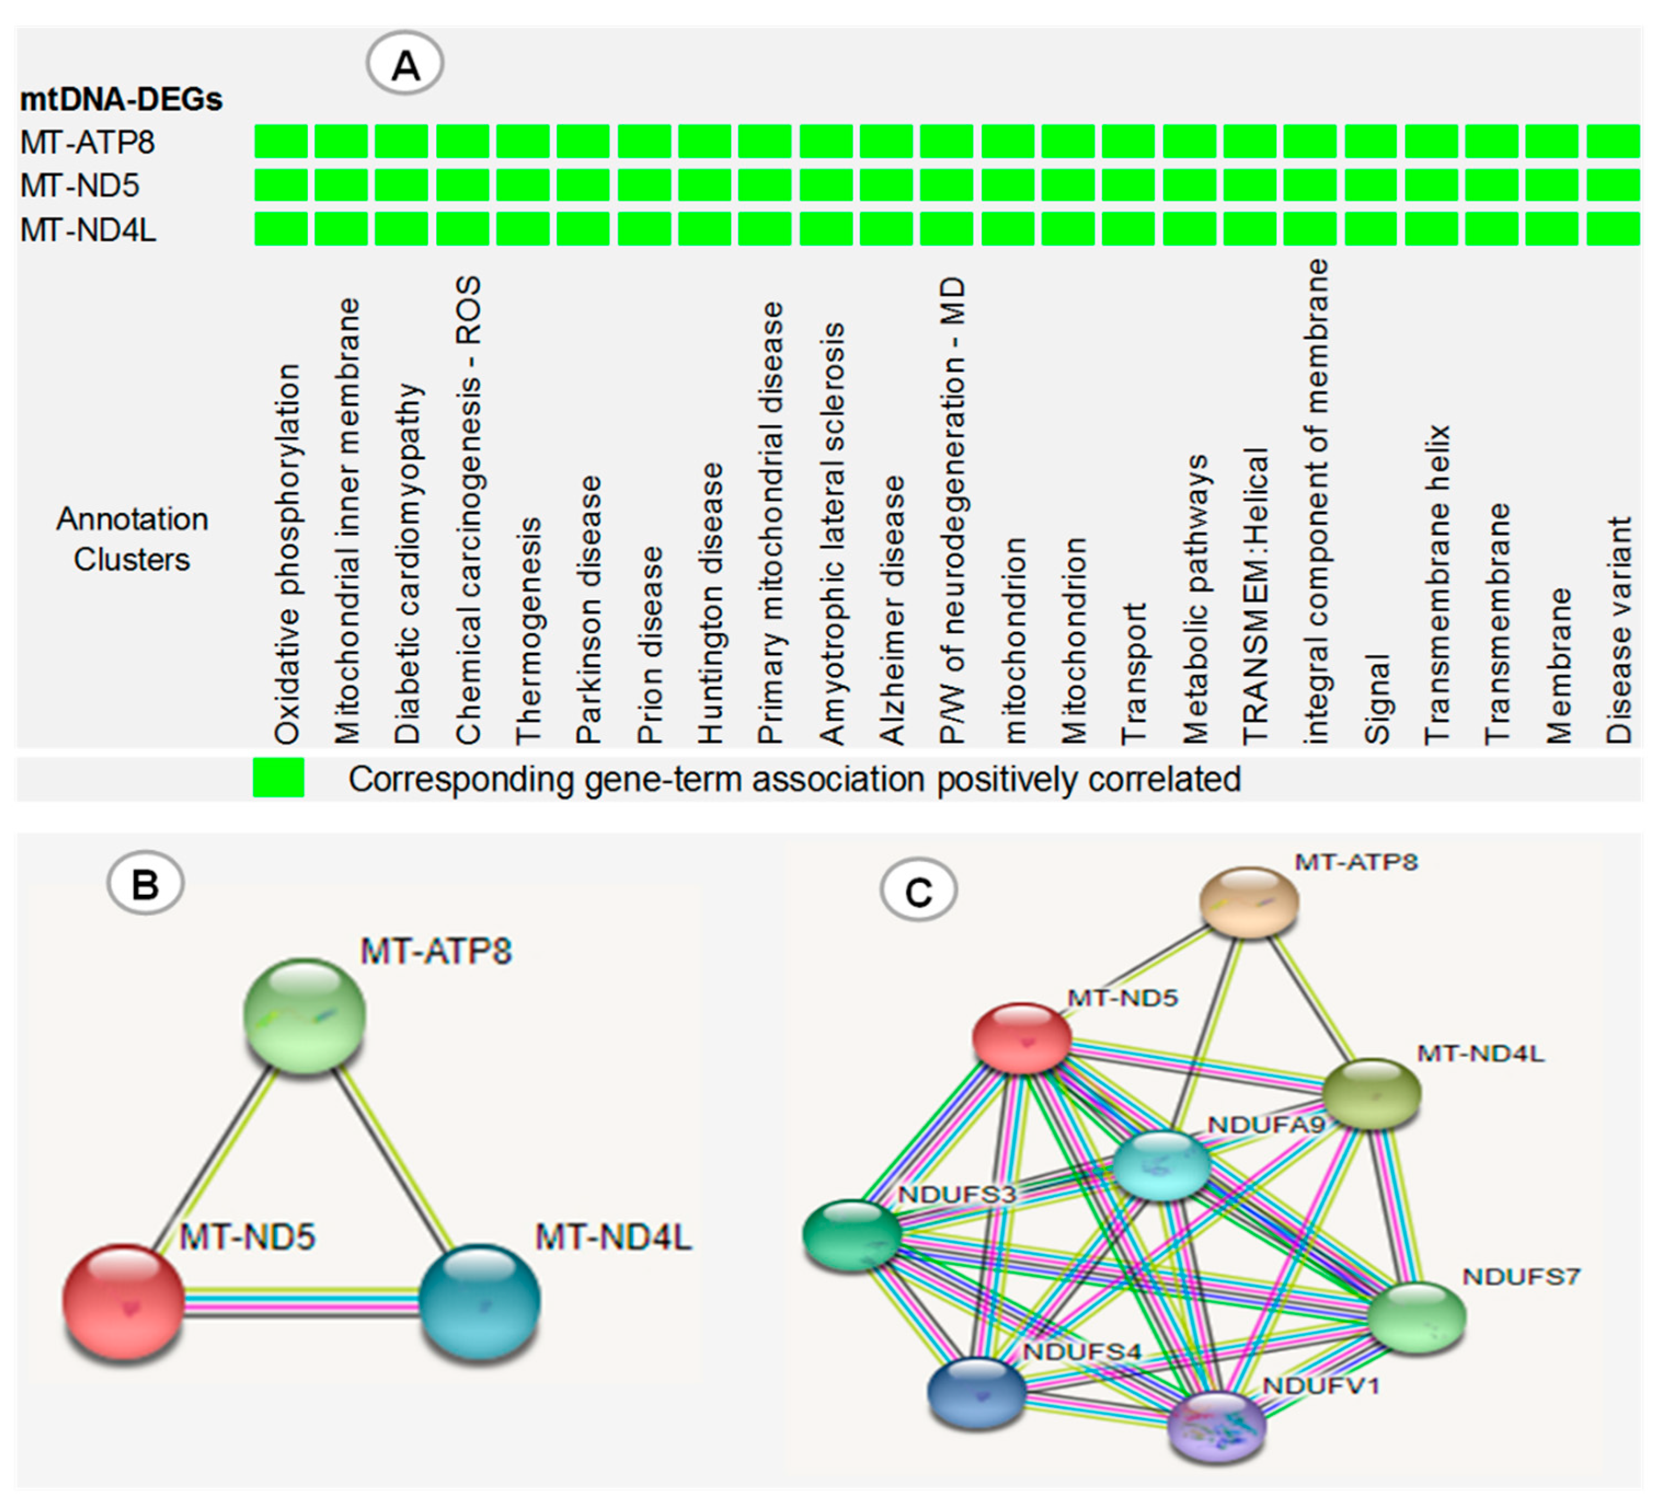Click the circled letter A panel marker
pos(405,64)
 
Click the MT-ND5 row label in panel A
pos(80,186)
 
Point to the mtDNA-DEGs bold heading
pos(121,100)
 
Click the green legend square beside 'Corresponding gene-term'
pos(279,778)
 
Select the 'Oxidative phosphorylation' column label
pos(287,553)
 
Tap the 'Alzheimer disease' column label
pos(892,610)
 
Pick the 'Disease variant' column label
pos(1618,630)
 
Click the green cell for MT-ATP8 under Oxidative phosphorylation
pos(281,141)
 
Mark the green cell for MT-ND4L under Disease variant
pos(1613,228)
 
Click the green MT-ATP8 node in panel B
pos(305,1016)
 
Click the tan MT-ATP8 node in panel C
pos(1249,902)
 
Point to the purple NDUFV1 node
pos(1216,1425)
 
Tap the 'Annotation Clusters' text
pos(132,540)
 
